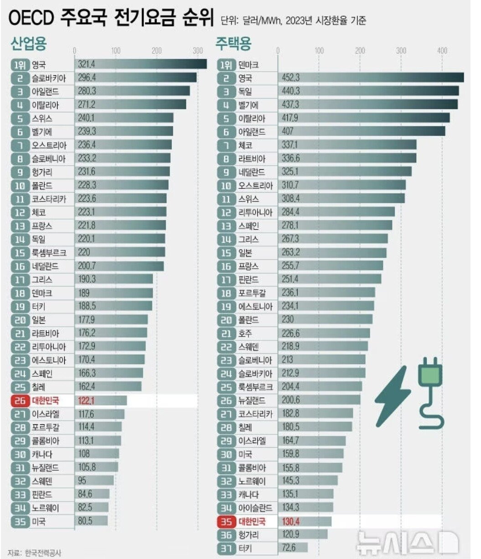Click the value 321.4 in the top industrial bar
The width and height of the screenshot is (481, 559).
pos(87,65)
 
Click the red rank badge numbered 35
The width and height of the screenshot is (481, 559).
pos(226,521)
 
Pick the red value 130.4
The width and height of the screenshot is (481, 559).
pos(290,521)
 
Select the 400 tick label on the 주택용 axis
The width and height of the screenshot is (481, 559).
pos(442,51)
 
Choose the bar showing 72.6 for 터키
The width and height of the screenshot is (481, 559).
pos(292,548)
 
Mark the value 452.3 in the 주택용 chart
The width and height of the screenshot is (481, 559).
pos(291,78)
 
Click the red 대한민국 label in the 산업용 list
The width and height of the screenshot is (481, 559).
pos(46,401)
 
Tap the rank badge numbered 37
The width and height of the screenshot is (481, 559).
pos(226,548)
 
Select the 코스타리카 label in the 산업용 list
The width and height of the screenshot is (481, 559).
pos(49,199)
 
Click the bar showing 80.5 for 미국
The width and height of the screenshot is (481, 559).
pos(91,521)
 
